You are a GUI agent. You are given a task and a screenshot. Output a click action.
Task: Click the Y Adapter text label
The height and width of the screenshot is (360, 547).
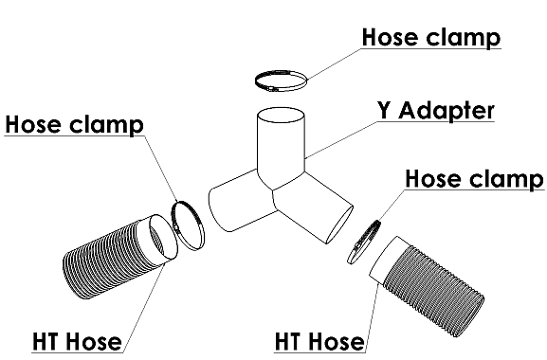[x=436, y=111]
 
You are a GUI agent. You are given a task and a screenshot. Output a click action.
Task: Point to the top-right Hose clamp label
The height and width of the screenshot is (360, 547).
[x=431, y=37]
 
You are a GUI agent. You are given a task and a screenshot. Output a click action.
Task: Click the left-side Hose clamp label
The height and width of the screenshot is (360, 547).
[x=74, y=124]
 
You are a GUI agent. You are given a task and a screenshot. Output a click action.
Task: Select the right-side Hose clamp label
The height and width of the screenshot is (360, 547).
[x=474, y=179]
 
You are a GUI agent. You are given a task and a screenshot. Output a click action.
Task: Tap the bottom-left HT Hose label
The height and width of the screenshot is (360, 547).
[x=77, y=341]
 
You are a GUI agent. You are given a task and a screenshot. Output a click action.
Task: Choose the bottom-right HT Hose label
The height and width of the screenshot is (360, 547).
[x=319, y=341]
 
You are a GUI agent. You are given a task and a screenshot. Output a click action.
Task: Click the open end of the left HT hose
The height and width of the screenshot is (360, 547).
[x=162, y=237]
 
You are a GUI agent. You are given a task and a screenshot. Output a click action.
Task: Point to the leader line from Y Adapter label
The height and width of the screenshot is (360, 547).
[x=341, y=140]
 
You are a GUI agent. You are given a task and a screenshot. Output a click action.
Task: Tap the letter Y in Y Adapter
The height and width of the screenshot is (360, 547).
[x=384, y=111]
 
